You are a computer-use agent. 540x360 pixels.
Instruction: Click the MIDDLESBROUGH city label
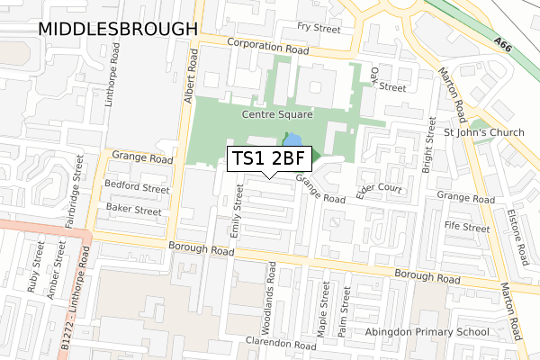coord(117,29)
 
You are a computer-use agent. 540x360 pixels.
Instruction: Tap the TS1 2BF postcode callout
coord(270,158)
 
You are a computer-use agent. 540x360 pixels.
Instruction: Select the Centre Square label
coord(276,115)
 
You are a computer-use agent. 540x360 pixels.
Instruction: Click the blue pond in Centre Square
coord(292,139)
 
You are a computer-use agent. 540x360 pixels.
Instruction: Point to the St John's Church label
coord(484,133)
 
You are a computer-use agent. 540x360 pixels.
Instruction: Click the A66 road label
coord(504,41)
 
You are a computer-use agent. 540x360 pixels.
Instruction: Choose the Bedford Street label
coord(138,190)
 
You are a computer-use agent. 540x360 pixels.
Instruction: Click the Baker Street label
coord(134,211)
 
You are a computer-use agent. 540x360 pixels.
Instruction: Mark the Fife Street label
coord(466,228)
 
